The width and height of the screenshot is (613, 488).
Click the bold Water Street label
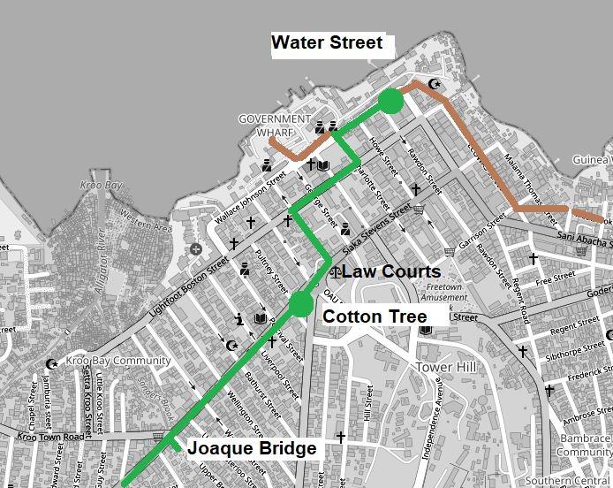pyautogui.click(x=327, y=42)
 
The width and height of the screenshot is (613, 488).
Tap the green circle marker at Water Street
pyautogui.click(x=390, y=103)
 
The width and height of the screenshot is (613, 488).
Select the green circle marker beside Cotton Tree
pyautogui.click(x=300, y=304)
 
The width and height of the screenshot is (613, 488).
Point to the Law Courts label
pyautogui.click(x=390, y=271)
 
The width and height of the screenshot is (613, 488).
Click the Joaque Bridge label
pyautogui.click(x=252, y=448)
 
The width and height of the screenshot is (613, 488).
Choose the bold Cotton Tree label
pyautogui.click(x=375, y=316)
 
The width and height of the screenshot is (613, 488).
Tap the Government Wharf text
pyautogui.click(x=275, y=126)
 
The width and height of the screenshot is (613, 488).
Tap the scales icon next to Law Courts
pyautogui.click(x=334, y=271)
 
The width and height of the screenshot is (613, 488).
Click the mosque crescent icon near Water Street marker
pyautogui.click(x=433, y=84)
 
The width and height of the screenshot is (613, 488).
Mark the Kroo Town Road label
pyautogui.click(x=49, y=437)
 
